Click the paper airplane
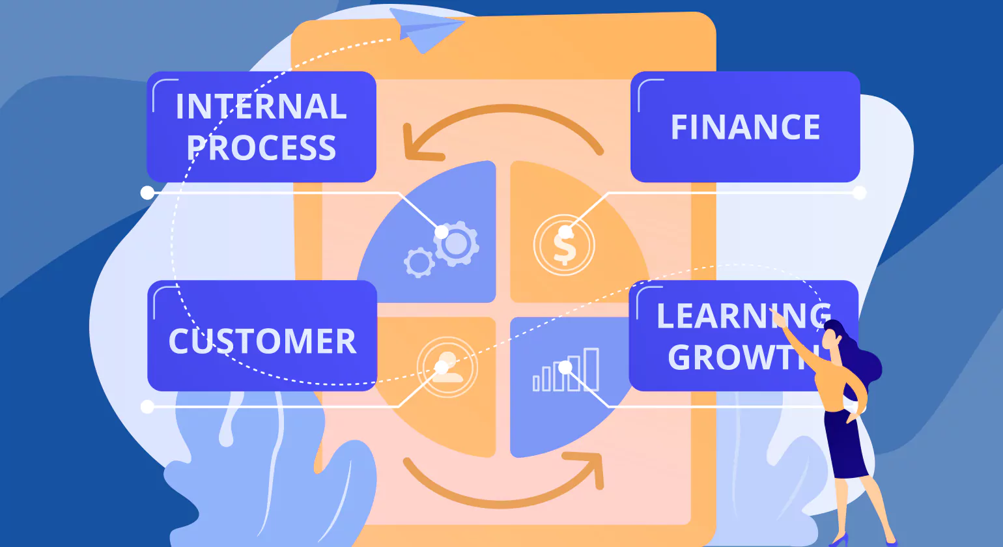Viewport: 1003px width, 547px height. coord(427,29)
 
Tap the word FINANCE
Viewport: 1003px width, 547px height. coord(745,127)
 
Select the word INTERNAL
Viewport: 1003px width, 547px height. coord(261,107)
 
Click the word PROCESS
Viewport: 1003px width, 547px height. coord(262,148)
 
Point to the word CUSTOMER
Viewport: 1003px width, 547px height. coord(262,341)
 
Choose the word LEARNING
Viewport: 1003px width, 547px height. coord(742,316)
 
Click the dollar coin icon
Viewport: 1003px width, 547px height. coord(564,245)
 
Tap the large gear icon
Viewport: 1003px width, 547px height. coord(457,244)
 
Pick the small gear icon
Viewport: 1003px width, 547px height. coord(419,262)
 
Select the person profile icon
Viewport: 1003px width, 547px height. coord(447,367)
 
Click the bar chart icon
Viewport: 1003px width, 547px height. coord(566,370)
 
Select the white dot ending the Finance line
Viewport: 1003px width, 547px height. coord(860,193)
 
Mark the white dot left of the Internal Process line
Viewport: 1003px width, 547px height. coord(148,193)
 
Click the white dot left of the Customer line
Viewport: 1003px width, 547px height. coord(148,407)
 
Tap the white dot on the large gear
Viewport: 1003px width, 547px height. coord(442,232)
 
